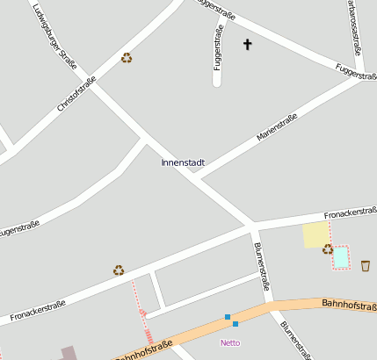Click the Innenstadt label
(x=183, y=162)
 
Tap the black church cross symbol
(x=247, y=44)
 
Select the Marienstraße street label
(x=277, y=127)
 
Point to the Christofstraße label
(x=76, y=94)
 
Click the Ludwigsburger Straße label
(x=54, y=37)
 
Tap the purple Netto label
(x=230, y=342)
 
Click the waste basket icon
(x=366, y=265)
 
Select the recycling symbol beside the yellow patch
(x=328, y=249)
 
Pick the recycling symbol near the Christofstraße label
(x=127, y=58)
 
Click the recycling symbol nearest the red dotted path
(x=119, y=270)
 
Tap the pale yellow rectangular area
(x=315, y=235)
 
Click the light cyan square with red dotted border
(x=340, y=257)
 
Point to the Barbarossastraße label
(x=352, y=18)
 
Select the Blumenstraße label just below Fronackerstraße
(x=261, y=266)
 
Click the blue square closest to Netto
(x=236, y=324)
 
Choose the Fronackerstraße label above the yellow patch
(x=350, y=213)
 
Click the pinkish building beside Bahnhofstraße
(x=68, y=353)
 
